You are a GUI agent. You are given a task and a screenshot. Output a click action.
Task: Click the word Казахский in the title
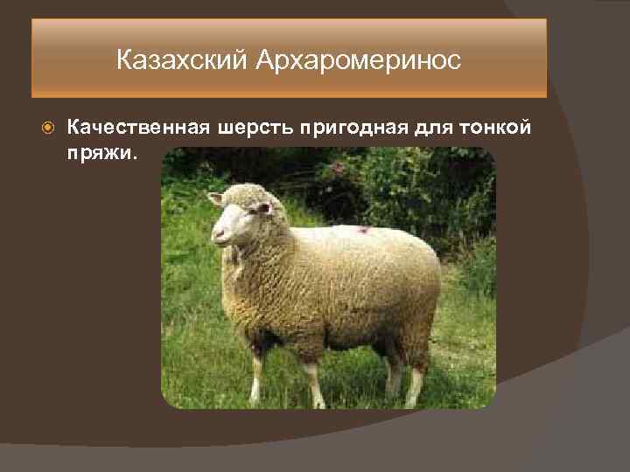(x=183, y=61)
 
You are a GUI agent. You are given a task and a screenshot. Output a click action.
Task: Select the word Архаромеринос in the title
(x=359, y=61)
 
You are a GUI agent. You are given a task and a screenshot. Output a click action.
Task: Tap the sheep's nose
(x=217, y=234)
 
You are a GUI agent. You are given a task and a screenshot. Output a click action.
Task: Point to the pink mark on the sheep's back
(x=361, y=229)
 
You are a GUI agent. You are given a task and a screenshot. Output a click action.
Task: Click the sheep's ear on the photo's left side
(x=215, y=198)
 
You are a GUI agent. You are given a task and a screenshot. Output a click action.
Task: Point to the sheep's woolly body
(x=341, y=280)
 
